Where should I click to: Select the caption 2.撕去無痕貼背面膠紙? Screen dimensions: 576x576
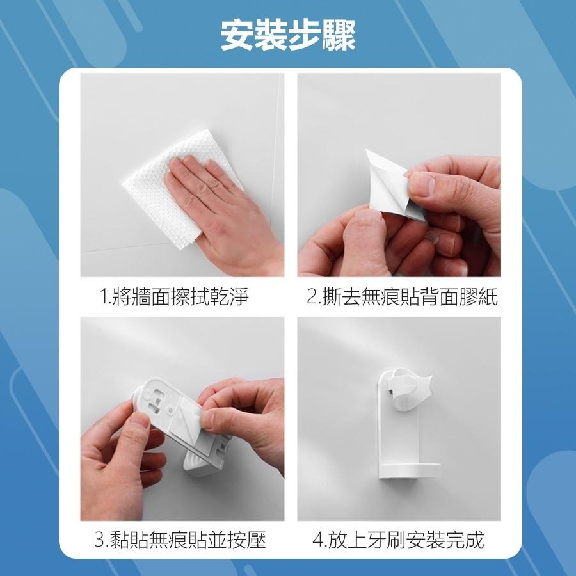(x=402, y=297)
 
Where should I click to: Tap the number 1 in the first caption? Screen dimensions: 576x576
(x=104, y=298)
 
